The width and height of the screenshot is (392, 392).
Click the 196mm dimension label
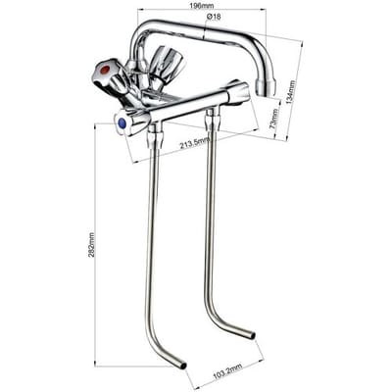click(x=201, y=6)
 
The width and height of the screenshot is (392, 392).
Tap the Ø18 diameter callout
click(x=214, y=17)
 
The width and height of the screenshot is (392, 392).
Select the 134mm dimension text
click(x=291, y=92)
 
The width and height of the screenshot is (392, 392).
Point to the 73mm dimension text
click(x=276, y=119)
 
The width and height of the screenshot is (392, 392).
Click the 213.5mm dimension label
click(x=195, y=143)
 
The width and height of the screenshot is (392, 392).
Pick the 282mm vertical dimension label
click(x=91, y=245)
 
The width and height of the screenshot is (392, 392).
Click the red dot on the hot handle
click(x=105, y=70)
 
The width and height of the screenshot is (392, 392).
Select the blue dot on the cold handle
click(x=122, y=123)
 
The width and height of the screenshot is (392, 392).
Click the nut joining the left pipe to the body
click(x=155, y=136)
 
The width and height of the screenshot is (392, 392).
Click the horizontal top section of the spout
click(x=203, y=31)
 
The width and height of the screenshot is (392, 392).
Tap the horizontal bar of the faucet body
click(x=189, y=106)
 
